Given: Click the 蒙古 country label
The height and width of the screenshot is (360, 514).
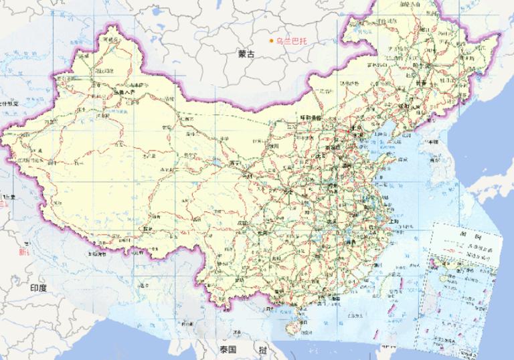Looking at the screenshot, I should [x=246, y=54].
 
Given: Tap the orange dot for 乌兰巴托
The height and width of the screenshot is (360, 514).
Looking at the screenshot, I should [x=271, y=41].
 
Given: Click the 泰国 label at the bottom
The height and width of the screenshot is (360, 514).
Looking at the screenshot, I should [x=228, y=349].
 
